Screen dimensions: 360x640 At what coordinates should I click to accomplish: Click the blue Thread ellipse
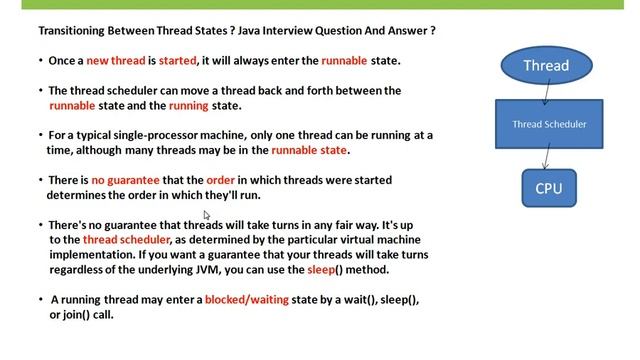coord(546,66)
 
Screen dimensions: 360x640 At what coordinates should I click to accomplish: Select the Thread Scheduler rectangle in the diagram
coord(549,125)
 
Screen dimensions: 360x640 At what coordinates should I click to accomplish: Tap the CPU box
coord(549,188)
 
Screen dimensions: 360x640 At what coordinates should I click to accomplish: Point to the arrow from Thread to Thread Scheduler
coord(546,93)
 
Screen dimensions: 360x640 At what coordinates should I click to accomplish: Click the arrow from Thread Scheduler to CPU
coord(547,157)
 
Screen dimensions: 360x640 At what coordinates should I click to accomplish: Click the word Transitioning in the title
coord(64,31)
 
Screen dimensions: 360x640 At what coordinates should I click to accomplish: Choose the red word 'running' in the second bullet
coord(189,105)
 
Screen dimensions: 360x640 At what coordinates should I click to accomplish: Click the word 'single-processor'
coord(173,135)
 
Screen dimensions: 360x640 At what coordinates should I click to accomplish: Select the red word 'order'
coord(220,180)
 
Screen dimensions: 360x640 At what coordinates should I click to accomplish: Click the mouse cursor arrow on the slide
coord(207,215)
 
